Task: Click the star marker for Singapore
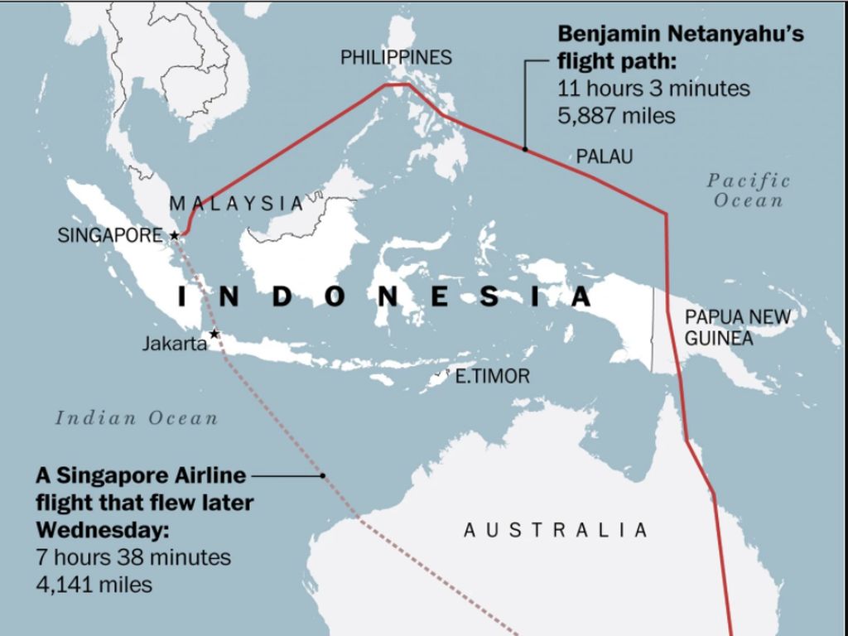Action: pos(175,236)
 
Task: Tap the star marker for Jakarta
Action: pos(214,334)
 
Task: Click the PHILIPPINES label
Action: pos(397,57)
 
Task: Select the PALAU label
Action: pos(605,157)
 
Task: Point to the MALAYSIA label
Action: pos(236,203)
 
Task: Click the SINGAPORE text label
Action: pos(110,235)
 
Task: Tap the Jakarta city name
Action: pos(174,343)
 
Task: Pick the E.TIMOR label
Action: pos(493,377)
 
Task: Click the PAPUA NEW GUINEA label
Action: pos(737,327)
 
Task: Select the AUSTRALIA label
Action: pos(555,530)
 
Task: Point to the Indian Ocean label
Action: pos(137,418)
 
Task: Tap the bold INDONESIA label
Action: pos(385,296)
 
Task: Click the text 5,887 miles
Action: pos(616,116)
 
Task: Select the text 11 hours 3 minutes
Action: pos(653,89)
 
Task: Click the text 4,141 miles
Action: pos(94,585)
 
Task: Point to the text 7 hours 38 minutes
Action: pos(133,557)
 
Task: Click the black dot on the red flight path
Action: pos(525,149)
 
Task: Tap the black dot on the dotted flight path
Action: pos(323,475)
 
